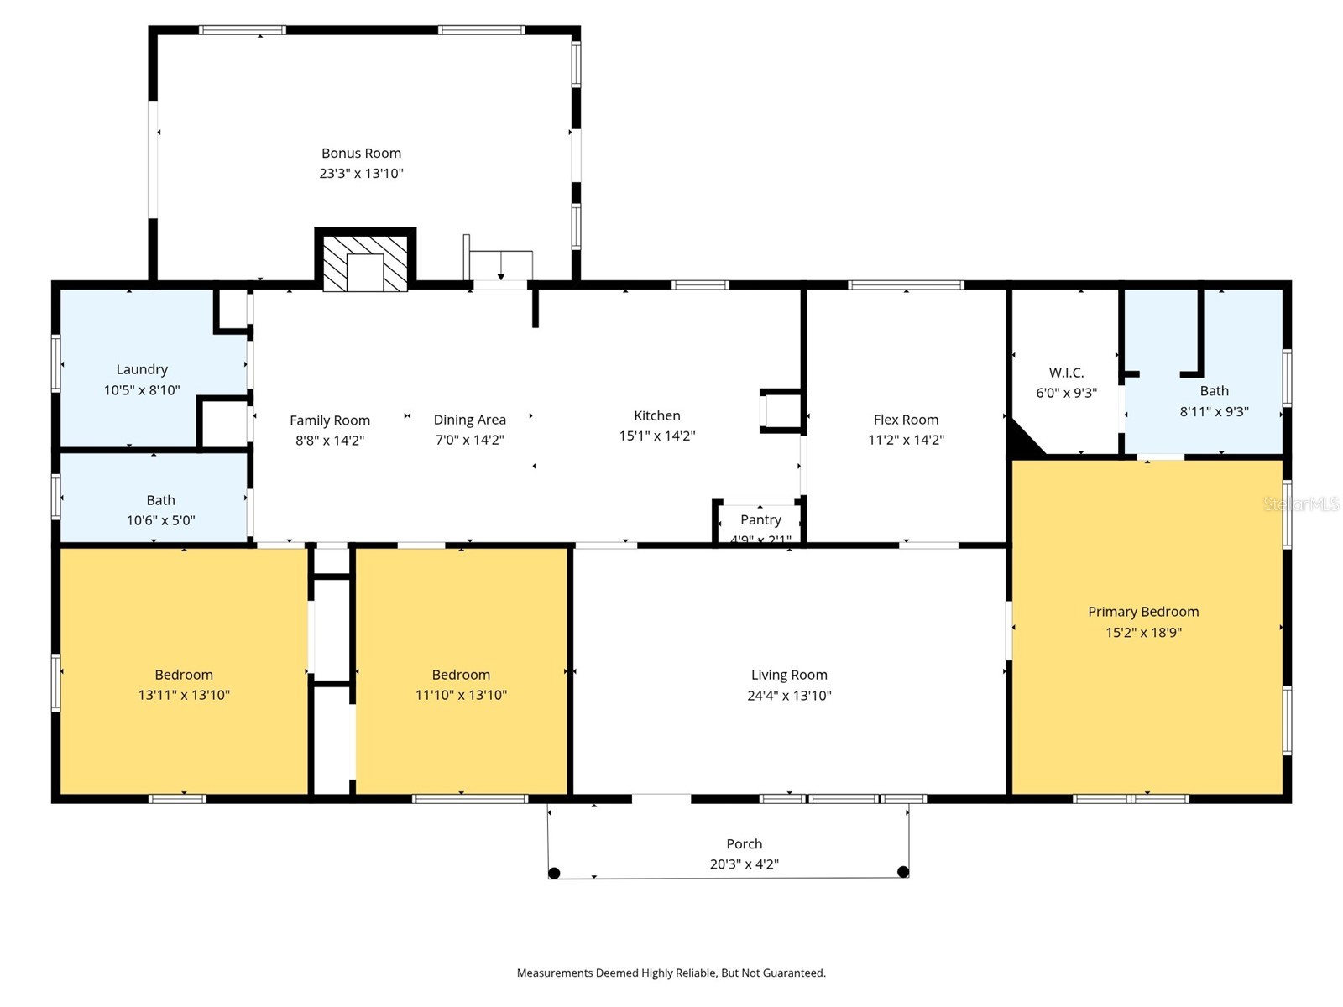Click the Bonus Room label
[x=361, y=153]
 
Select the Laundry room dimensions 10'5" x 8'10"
[x=142, y=390]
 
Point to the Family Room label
[x=329, y=420]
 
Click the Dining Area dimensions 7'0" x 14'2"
[x=469, y=440]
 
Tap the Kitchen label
[x=656, y=415]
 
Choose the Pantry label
[x=760, y=519]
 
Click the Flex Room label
[x=906, y=420]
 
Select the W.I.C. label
[x=1066, y=373]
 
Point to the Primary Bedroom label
[x=1143, y=612]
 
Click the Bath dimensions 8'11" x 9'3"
[x=1214, y=411]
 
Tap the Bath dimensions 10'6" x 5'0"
[x=160, y=520]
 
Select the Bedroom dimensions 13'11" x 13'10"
[x=184, y=695]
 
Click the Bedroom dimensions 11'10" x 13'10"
[x=461, y=695]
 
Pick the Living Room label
[x=789, y=675]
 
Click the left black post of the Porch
[x=554, y=873]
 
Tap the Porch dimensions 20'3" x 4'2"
[x=744, y=864]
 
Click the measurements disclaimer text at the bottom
[x=671, y=973]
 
